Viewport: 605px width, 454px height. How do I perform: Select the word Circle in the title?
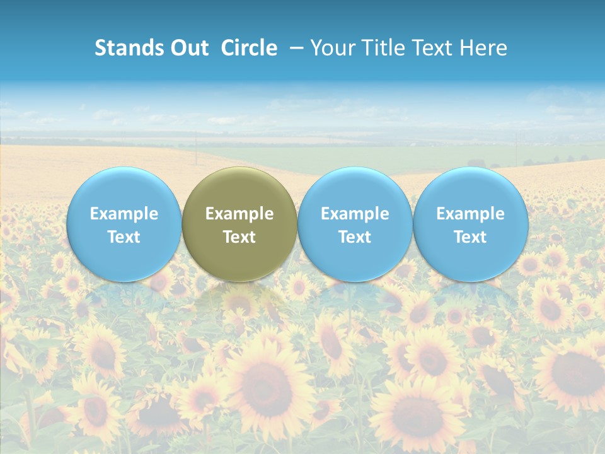[x=249, y=48]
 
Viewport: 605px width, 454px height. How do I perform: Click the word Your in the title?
[x=330, y=48]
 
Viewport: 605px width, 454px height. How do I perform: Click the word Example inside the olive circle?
[x=239, y=214]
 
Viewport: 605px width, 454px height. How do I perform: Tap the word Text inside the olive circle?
[x=239, y=237]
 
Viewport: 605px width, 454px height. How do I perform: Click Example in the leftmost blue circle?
[x=124, y=214]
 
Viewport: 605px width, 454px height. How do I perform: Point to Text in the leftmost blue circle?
[x=124, y=237]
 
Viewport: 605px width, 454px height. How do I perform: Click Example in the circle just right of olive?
[x=355, y=214]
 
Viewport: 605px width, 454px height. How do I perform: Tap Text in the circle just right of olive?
[x=355, y=237]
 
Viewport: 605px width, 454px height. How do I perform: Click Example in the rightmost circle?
[x=471, y=214]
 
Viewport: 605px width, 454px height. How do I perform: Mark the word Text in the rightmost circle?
[x=471, y=237]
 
